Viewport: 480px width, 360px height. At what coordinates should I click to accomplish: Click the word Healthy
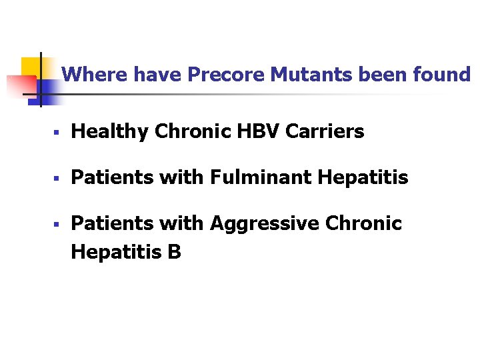(x=110, y=132)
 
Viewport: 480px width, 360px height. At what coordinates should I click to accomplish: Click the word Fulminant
(x=261, y=177)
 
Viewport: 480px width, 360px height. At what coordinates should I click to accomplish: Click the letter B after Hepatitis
(x=175, y=252)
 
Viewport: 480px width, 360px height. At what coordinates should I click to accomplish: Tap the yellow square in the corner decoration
(x=31, y=66)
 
